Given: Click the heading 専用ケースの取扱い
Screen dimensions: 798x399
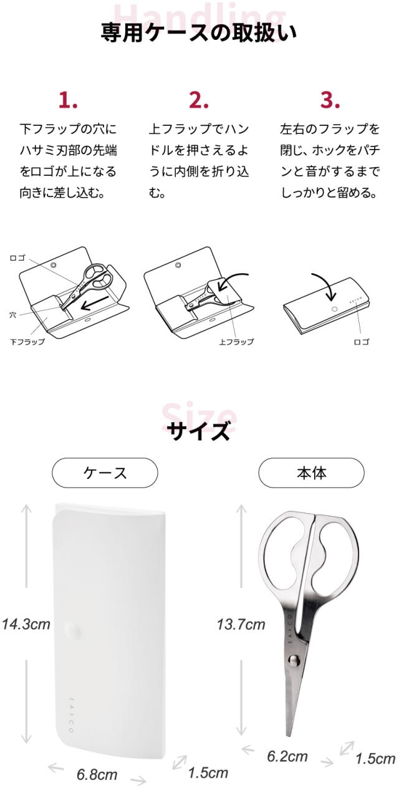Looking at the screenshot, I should click(199, 33).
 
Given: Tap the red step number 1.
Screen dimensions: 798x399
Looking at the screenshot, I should click(68, 100).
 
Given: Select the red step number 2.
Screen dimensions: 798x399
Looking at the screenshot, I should click(199, 100).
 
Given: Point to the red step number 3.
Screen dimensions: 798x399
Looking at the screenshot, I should click(330, 100).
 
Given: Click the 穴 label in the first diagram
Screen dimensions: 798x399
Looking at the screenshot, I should click(12, 315).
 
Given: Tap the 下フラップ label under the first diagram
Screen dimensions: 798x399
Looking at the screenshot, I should click(27, 342).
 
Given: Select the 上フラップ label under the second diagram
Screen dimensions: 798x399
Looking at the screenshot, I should click(236, 342).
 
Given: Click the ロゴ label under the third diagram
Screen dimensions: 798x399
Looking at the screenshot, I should click(362, 342).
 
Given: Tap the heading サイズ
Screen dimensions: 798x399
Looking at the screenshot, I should click(199, 431).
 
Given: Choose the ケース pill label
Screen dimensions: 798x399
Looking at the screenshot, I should click(105, 473).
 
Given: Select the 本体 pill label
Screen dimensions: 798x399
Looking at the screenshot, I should click(311, 473).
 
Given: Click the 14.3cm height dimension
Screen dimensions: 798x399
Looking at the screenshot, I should click(26, 624).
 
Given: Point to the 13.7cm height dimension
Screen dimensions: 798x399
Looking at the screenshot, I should click(241, 624).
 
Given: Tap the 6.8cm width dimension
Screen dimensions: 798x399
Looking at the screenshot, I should click(97, 774).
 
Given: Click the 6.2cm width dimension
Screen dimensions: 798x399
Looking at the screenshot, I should click(287, 756).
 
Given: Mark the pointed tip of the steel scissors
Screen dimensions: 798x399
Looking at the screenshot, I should click(289, 736).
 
